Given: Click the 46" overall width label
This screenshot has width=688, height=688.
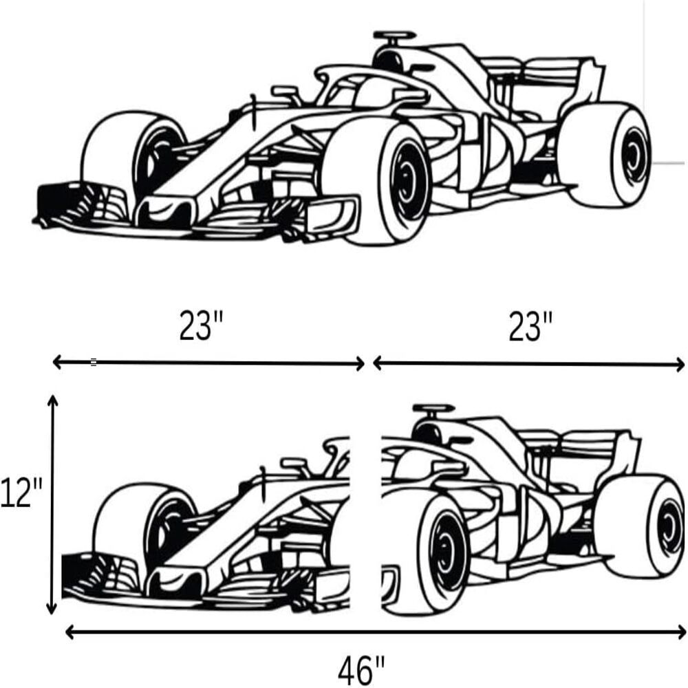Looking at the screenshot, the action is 361,669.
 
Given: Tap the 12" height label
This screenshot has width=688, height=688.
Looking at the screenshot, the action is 21,493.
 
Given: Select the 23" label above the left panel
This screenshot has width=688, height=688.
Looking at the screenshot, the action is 201,326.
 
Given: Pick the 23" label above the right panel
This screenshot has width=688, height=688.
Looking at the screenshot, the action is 530,326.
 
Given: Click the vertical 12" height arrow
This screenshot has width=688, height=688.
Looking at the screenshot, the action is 52,504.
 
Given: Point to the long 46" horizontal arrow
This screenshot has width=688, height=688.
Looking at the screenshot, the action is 375,632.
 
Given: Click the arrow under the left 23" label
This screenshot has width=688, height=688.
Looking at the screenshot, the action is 208,363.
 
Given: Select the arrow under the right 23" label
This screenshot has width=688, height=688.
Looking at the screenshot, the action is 528,364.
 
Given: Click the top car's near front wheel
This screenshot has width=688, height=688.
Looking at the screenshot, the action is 377,182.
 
